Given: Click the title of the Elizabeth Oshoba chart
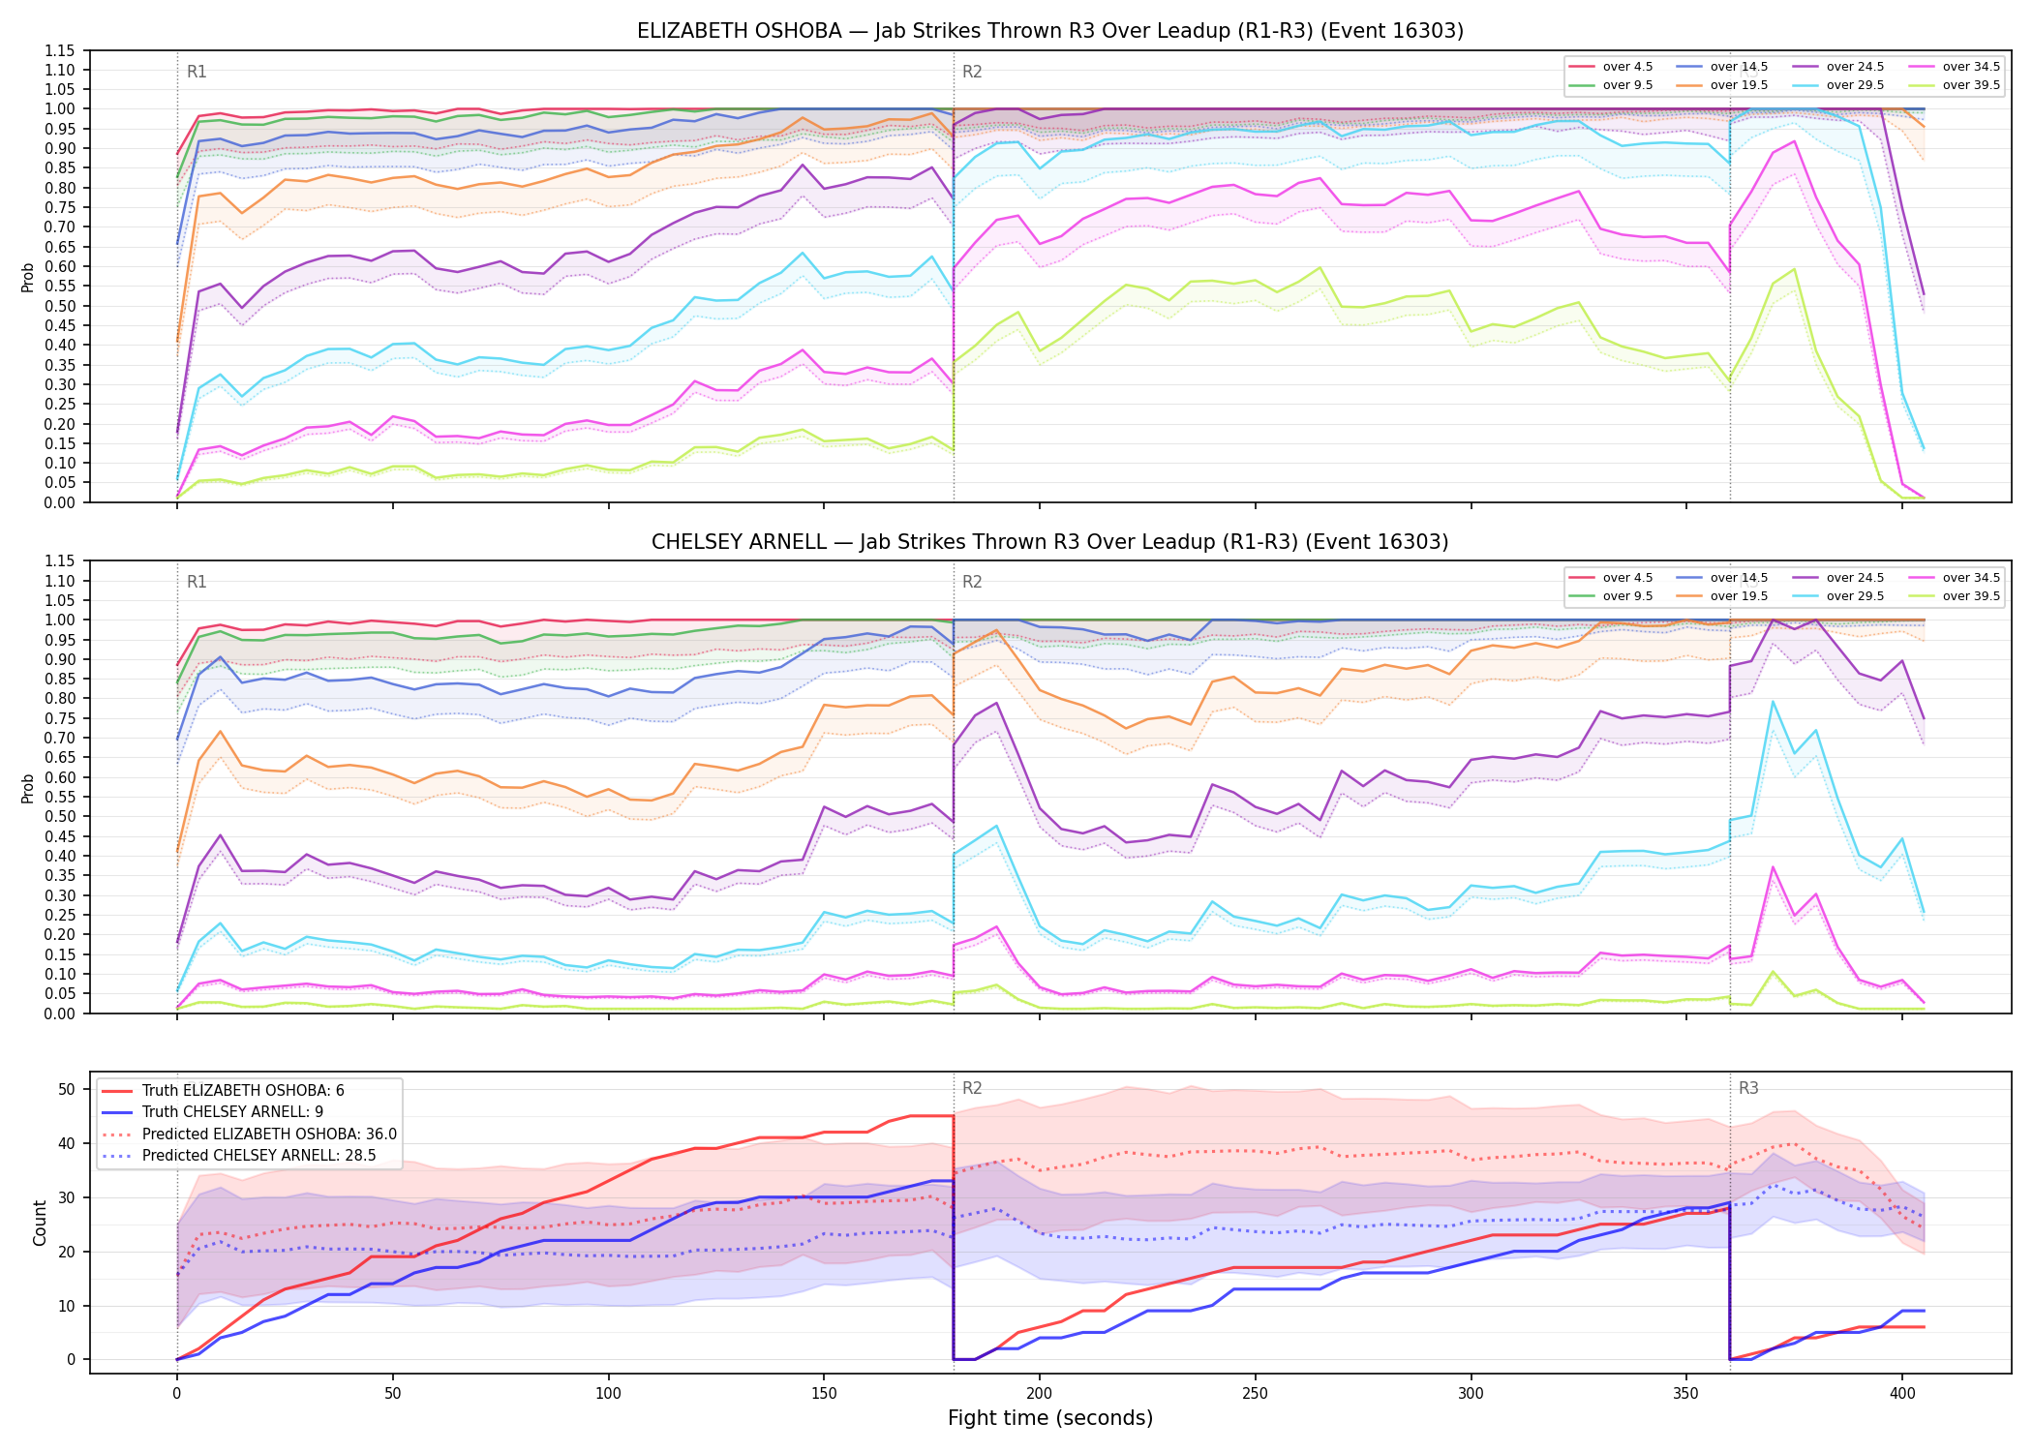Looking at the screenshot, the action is coord(1050,31).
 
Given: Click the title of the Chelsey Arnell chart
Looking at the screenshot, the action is coord(1050,542).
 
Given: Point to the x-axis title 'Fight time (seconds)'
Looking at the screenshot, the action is coord(1050,1418).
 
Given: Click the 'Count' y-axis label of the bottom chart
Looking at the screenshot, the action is coord(40,1223).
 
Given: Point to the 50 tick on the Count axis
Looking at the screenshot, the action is coord(67,1089).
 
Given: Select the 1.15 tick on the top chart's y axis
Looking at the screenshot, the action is coord(60,50).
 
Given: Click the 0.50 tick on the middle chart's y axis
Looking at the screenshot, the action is coord(60,816).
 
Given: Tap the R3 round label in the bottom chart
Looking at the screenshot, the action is coord(1748,1088).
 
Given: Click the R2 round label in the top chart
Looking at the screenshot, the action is coord(972,72).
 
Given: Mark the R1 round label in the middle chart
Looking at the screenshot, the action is coord(197,582).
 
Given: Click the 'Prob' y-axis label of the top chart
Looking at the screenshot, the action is coord(28,277).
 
